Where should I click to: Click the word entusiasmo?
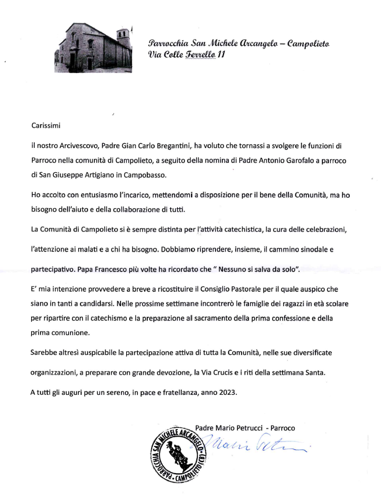(x=105, y=195)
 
